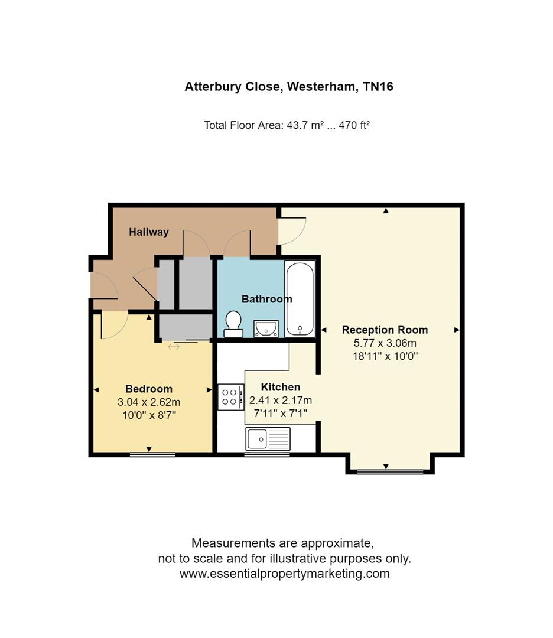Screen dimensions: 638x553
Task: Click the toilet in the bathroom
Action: point(233,323)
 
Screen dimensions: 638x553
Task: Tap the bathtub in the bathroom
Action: point(300,298)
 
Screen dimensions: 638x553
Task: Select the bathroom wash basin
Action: point(266,328)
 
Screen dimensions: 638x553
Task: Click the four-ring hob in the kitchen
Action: point(230,396)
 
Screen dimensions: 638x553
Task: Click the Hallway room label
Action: point(149,232)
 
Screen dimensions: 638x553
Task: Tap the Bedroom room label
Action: point(149,389)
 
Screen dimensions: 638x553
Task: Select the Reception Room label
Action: point(385,330)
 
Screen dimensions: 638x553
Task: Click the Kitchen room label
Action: point(281,387)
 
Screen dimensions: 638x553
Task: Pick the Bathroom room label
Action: point(266,299)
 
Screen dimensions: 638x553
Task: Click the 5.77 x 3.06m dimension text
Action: point(385,343)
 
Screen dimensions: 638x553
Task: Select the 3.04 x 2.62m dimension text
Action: point(149,402)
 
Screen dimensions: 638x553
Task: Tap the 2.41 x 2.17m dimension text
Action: point(281,401)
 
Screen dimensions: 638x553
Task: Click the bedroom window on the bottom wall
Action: point(152,454)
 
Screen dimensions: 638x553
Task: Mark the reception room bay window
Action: point(390,471)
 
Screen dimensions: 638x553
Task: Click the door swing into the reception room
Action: point(293,231)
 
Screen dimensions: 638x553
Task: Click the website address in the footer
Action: point(284,574)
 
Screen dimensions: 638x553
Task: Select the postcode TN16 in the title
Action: point(378,87)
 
